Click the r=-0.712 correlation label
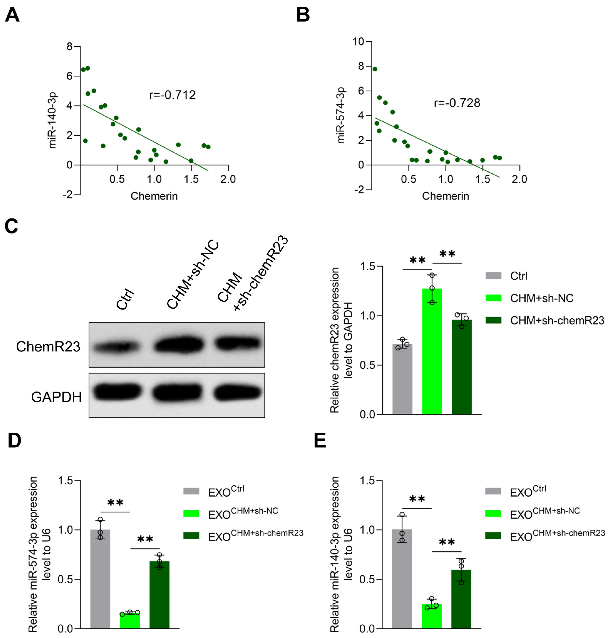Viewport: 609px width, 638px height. click(x=172, y=95)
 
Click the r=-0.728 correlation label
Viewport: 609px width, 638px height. click(x=457, y=103)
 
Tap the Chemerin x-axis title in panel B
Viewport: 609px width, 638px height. click(x=445, y=196)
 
